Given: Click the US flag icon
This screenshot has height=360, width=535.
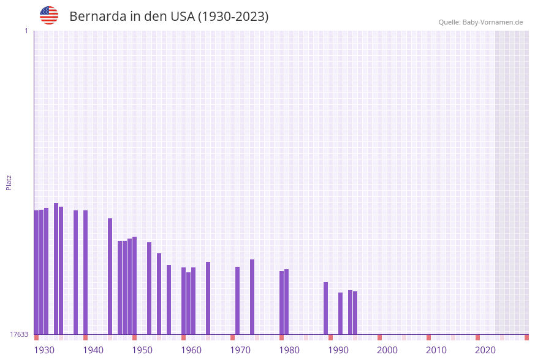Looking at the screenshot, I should [49, 15].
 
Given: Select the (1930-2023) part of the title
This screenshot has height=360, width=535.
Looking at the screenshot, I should [233, 17].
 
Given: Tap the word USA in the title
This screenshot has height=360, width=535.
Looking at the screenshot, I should [182, 17].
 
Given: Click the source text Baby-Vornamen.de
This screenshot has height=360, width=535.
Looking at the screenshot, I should [492, 22].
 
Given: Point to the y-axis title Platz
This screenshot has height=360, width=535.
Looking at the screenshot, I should [9, 182].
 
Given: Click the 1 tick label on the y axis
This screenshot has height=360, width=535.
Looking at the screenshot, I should [26, 31].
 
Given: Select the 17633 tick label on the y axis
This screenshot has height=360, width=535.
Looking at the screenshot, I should [19, 334].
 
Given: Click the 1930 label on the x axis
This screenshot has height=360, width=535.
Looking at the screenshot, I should [44, 350].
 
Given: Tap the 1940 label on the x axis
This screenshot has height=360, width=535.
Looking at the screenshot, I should [93, 350].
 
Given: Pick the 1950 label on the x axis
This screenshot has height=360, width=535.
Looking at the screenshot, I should [142, 350].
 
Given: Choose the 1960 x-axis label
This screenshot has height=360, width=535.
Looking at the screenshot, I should [191, 350].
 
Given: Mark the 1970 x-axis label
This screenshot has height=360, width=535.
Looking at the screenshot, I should [240, 350].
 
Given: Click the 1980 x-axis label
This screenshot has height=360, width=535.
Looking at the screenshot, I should [289, 350].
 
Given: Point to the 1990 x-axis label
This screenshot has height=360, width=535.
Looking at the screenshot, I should [338, 350].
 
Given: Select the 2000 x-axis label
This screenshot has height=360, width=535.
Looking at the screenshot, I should [387, 350].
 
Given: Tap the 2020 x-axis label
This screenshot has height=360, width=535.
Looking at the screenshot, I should [485, 350].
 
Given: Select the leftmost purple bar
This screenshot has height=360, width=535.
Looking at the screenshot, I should [36, 272].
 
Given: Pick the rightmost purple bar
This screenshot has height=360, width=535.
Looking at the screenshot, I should [355, 313].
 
